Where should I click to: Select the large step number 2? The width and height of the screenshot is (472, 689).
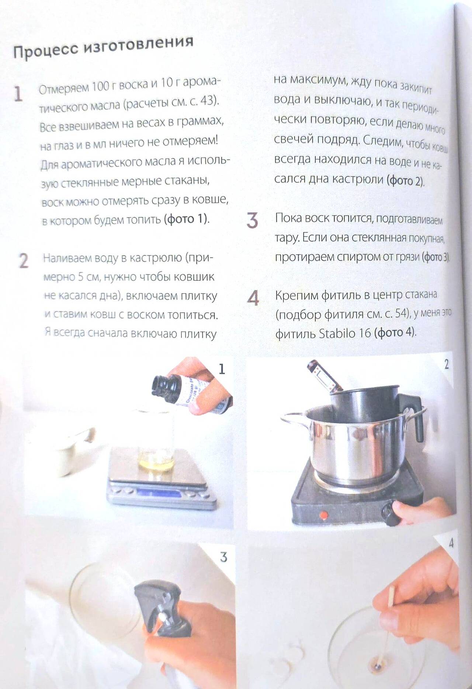tap(23, 261)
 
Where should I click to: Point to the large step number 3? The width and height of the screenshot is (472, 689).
tap(252, 220)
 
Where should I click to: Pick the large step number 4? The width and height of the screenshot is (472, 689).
tap(253, 298)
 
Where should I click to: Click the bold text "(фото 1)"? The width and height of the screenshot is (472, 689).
tap(187, 219)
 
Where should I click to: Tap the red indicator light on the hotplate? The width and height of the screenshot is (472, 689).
tap(323, 513)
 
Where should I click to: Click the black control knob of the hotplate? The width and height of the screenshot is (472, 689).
tap(391, 513)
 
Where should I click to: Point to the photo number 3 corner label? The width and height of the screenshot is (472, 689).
tap(223, 557)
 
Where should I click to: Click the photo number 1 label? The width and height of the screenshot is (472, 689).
tap(222, 369)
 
